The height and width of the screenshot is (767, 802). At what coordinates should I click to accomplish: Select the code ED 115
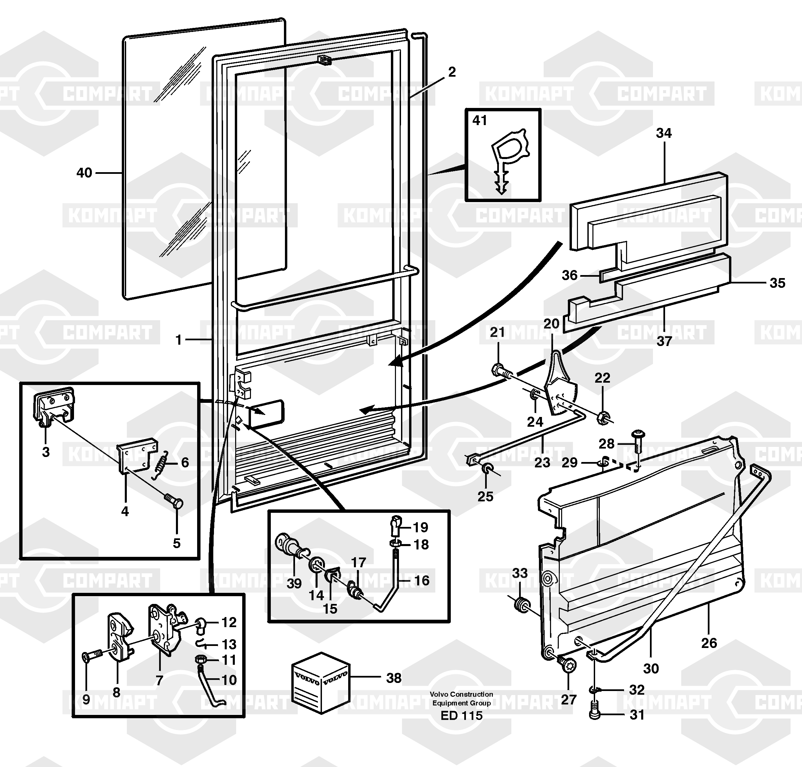pyautogui.click(x=461, y=716)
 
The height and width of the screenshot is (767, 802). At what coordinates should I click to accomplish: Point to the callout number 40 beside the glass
pyautogui.click(x=84, y=173)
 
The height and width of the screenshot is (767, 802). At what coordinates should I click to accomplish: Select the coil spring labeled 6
pyautogui.click(x=160, y=464)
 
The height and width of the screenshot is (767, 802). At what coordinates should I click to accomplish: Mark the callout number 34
pyautogui.click(x=664, y=133)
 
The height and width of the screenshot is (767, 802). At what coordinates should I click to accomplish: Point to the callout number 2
pyautogui.click(x=451, y=72)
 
